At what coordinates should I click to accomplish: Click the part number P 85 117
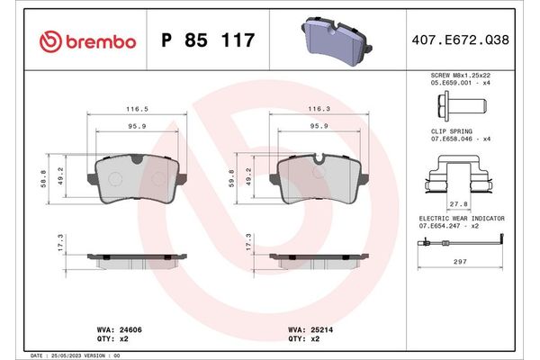(x=207, y=40)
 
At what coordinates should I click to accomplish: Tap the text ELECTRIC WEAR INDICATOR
(x=462, y=219)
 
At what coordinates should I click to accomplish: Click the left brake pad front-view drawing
(x=137, y=178)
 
